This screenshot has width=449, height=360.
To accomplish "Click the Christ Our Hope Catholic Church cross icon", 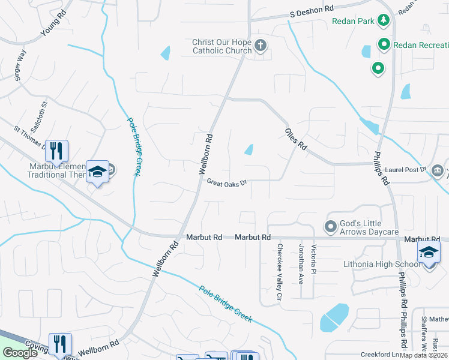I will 261,45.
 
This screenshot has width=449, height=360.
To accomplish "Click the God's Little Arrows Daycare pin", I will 330,226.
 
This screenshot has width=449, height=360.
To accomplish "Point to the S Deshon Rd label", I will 312,11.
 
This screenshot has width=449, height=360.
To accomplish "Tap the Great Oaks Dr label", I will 227,182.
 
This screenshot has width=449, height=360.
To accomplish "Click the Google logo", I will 20,353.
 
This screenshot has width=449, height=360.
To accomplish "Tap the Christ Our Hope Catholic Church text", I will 221,46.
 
